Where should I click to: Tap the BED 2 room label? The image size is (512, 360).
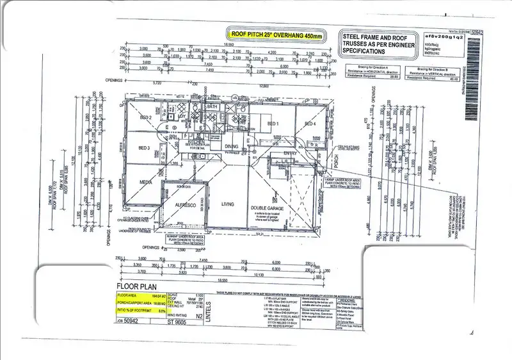tap(145, 119)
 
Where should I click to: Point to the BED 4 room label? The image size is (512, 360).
tap(310, 124)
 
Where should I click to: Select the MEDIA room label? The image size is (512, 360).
tap(145, 181)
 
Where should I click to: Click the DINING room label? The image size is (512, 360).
tap(231, 147)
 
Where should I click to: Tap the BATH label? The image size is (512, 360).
tap(213, 106)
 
